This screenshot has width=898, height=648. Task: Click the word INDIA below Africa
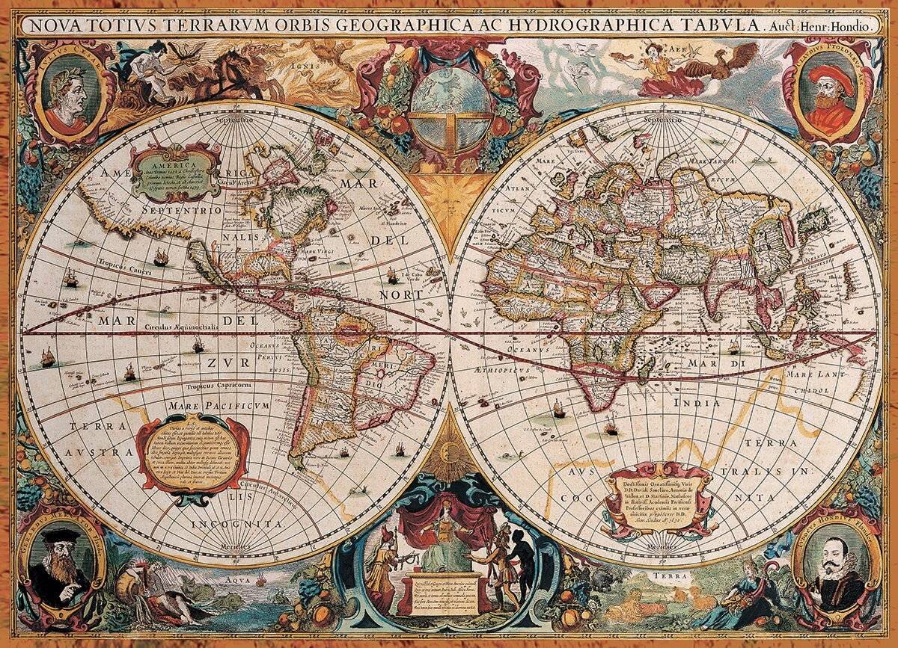(697, 403)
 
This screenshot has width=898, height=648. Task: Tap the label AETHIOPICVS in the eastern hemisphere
(502, 370)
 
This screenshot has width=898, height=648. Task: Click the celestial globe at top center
(449, 105)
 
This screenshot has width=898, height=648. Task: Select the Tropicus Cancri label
(120, 264)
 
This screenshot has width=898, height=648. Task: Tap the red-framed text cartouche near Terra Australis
(193, 454)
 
